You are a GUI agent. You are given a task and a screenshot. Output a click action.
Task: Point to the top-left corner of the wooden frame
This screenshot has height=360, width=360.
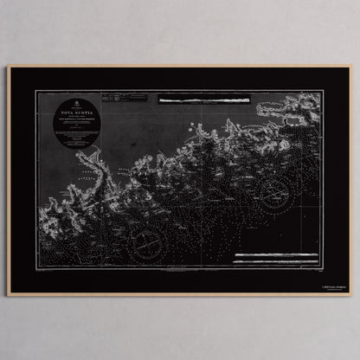point(9,66)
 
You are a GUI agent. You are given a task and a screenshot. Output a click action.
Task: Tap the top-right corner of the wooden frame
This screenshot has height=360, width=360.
point(351,66)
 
